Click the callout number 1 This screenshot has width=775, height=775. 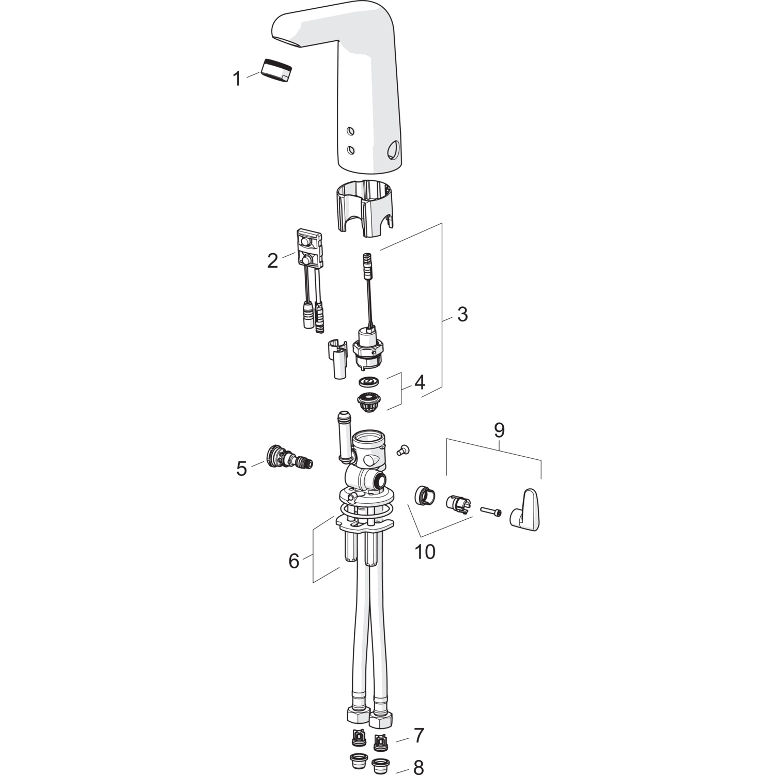point(237,79)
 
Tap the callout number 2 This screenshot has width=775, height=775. point(272,261)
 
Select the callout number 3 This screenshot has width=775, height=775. point(462,314)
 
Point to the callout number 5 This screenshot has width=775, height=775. point(242,469)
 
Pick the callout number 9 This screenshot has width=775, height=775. point(499,430)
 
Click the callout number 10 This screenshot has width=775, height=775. point(425,552)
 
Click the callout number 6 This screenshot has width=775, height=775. point(294,561)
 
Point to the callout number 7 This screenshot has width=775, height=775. point(419,735)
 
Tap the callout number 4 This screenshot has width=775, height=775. point(419,383)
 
